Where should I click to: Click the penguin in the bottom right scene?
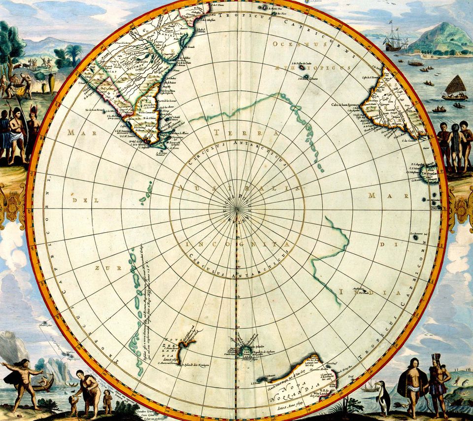click(382, 397)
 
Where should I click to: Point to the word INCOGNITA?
click(236, 244)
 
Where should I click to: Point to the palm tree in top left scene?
click(74, 52)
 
